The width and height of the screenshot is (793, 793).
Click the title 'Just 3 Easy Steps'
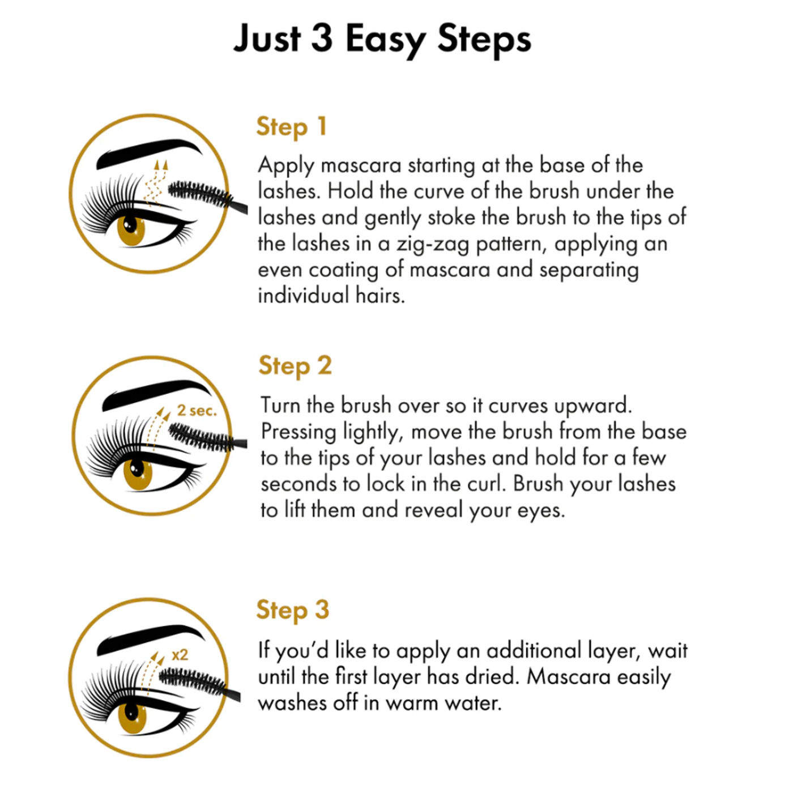point(382,39)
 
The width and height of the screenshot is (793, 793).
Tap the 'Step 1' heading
point(291,126)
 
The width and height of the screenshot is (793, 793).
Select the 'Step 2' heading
point(295,365)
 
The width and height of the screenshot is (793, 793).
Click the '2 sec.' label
point(197,410)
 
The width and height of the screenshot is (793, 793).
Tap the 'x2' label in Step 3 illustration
point(180,654)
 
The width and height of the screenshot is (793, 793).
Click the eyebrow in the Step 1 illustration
point(149,153)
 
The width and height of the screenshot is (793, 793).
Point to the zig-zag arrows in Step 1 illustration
point(157,182)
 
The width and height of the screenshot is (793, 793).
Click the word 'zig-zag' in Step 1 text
point(433,244)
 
